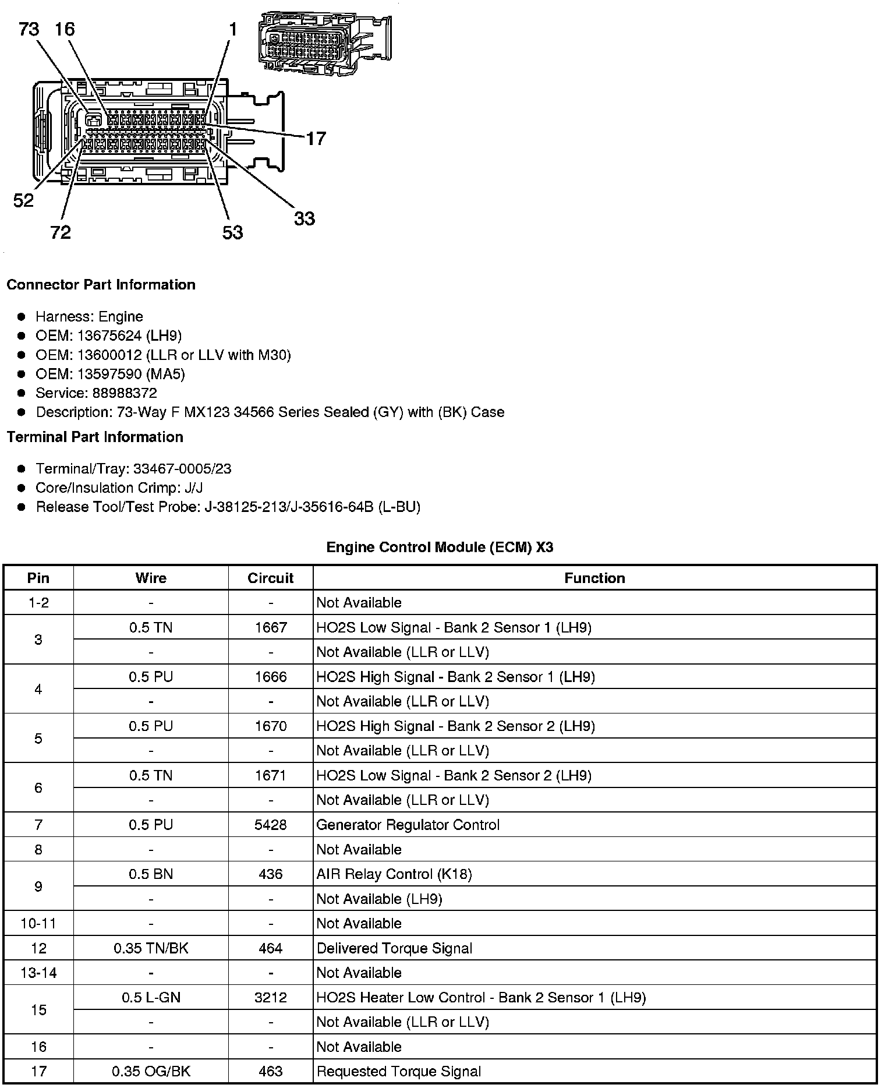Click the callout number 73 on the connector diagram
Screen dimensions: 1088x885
tap(29, 29)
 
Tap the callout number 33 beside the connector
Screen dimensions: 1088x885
tap(304, 219)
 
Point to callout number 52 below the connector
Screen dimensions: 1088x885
tap(23, 201)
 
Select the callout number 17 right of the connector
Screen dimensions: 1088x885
tap(316, 139)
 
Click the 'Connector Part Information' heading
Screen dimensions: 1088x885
tap(101, 285)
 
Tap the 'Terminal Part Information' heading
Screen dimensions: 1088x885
tap(95, 437)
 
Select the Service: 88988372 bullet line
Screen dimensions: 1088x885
tap(96, 393)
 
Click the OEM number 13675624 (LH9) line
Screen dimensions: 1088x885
tap(108, 336)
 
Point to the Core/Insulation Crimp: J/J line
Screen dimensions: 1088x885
tap(119, 488)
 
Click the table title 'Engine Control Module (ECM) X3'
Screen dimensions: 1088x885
tap(440, 547)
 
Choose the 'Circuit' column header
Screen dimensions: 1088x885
tap(270, 578)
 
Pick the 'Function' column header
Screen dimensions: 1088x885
tap(594, 578)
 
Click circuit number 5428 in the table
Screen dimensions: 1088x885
tap(271, 825)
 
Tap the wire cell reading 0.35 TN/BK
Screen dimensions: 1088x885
tap(151, 949)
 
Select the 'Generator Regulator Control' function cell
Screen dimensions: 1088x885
tap(408, 825)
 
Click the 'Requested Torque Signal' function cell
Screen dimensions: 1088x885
tap(398, 1072)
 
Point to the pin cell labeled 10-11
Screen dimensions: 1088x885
tap(38, 924)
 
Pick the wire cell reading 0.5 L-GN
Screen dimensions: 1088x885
tap(151, 998)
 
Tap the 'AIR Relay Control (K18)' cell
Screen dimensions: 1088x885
tap(394, 874)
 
